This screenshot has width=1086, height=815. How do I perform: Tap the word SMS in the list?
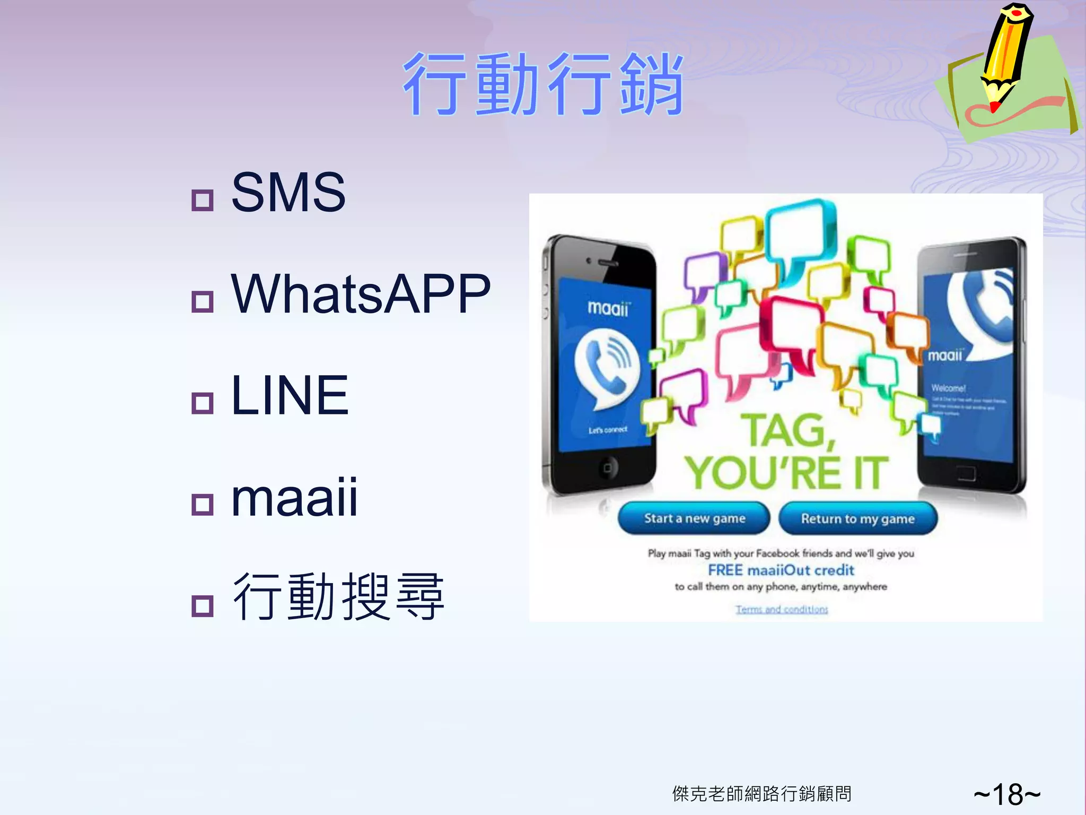click(288, 192)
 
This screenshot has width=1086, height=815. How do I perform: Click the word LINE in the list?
click(290, 395)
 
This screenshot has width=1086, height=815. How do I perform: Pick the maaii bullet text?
click(295, 497)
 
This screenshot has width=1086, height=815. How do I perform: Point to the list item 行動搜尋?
click(338, 597)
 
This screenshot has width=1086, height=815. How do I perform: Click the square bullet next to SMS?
click(202, 200)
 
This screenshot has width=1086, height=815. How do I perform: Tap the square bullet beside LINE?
click(202, 403)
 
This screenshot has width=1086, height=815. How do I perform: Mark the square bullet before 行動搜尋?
click(202, 605)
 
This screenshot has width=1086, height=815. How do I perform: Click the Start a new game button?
click(694, 518)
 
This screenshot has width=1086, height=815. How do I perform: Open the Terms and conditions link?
click(782, 609)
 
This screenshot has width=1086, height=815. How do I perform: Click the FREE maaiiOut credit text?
click(781, 570)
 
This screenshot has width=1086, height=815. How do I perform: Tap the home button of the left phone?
click(607, 467)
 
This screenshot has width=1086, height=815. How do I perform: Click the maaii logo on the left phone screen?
click(608, 308)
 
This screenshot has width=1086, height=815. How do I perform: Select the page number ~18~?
click(1007, 794)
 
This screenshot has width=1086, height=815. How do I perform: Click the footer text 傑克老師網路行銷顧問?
click(761, 794)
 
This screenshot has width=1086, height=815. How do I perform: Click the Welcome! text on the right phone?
click(949, 388)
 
